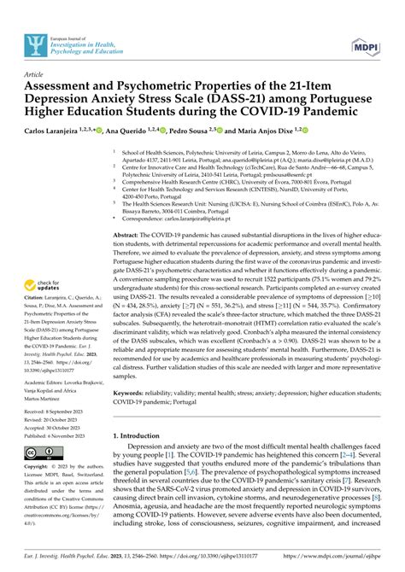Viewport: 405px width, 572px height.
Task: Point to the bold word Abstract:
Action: click(128, 233)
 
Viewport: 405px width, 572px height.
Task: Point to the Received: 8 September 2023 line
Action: click(45, 411)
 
